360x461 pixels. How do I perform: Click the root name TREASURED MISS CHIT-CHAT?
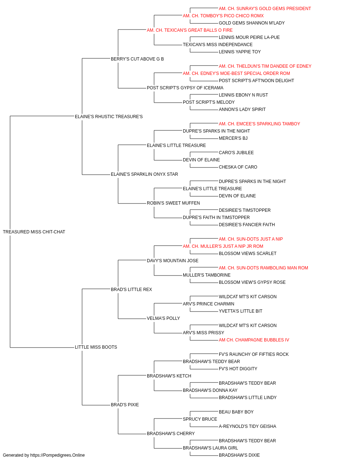tap(34, 232)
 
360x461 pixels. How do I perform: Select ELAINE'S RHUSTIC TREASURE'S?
tap(109, 117)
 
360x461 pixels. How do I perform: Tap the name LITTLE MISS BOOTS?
tap(96, 347)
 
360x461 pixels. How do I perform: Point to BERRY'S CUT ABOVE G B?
tap(137, 59)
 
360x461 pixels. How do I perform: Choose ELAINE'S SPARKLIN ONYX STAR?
tap(144, 174)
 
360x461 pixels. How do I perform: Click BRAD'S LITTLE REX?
tap(131, 290)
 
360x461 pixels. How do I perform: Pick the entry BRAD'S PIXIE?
tap(125, 405)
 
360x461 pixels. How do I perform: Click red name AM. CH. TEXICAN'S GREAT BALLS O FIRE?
tap(190, 30)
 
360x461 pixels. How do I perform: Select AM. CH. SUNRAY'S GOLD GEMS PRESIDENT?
tap(265, 9)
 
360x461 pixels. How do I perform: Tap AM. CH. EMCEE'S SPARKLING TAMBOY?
tap(259, 124)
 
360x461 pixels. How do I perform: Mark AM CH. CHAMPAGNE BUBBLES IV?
tap(254, 340)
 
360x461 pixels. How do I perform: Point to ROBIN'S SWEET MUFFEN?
tap(174, 203)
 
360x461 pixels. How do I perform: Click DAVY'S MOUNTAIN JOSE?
tap(172, 261)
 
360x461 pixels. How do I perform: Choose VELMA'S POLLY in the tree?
tap(163, 318)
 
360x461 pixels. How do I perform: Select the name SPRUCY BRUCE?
tap(200, 419)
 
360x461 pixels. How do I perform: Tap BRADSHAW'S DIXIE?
tap(239, 455)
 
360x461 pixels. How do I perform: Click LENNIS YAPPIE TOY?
tap(239, 52)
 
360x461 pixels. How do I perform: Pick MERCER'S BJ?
tap(233, 138)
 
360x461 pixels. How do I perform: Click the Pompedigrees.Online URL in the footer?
tap(57, 455)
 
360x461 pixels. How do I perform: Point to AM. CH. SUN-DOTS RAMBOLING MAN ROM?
tap(263, 268)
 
